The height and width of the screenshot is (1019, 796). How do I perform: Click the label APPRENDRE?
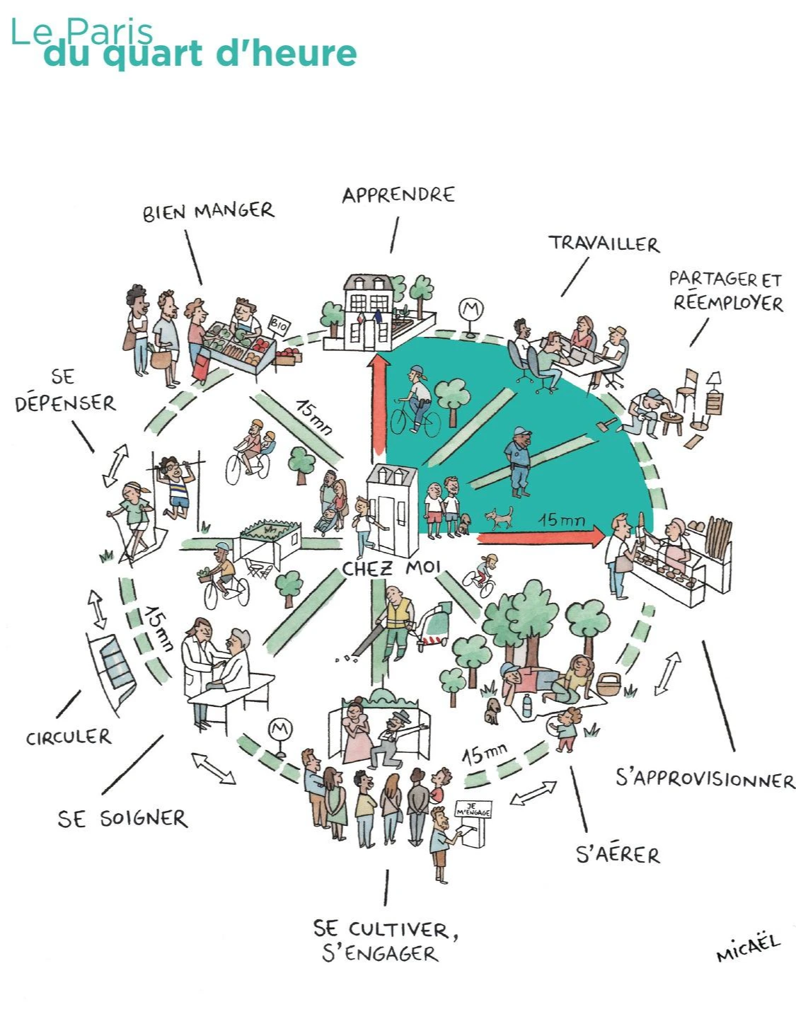tap(398, 195)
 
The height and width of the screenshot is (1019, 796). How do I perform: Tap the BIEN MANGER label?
tap(208, 211)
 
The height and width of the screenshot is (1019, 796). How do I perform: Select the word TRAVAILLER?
tap(604, 243)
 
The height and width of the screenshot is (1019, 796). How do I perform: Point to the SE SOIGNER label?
tap(122, 819)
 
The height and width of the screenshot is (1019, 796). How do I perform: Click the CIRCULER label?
tap(69, 737)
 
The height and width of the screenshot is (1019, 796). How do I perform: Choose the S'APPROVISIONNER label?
tap(705, 779)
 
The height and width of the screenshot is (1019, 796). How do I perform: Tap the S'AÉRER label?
tap(618, 854)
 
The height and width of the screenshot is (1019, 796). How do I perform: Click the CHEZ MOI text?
tap(391, 568)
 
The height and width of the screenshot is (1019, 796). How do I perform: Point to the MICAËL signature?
tap(747, 948)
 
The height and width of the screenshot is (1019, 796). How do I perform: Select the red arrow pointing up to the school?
tap(381, 403)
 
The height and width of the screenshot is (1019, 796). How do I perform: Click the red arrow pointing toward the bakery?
tap(542, 538)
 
